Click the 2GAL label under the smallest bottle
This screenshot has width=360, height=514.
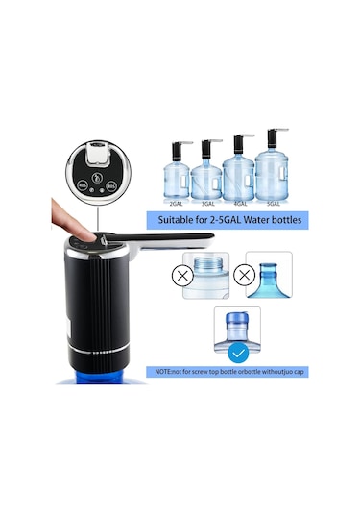point(177,204)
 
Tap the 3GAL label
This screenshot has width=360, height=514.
point(205,204)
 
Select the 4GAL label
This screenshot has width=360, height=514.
point(239,204)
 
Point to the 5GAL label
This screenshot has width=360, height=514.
point(273,204)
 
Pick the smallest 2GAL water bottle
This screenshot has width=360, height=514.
point(177,179)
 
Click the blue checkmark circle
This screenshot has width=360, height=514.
point(238,353)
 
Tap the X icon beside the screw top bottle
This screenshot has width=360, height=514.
point(180,275)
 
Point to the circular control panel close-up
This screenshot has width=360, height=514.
point(93,170)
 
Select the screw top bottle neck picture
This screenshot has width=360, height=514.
point(210,274)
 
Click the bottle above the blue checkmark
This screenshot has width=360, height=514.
point(237,329)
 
